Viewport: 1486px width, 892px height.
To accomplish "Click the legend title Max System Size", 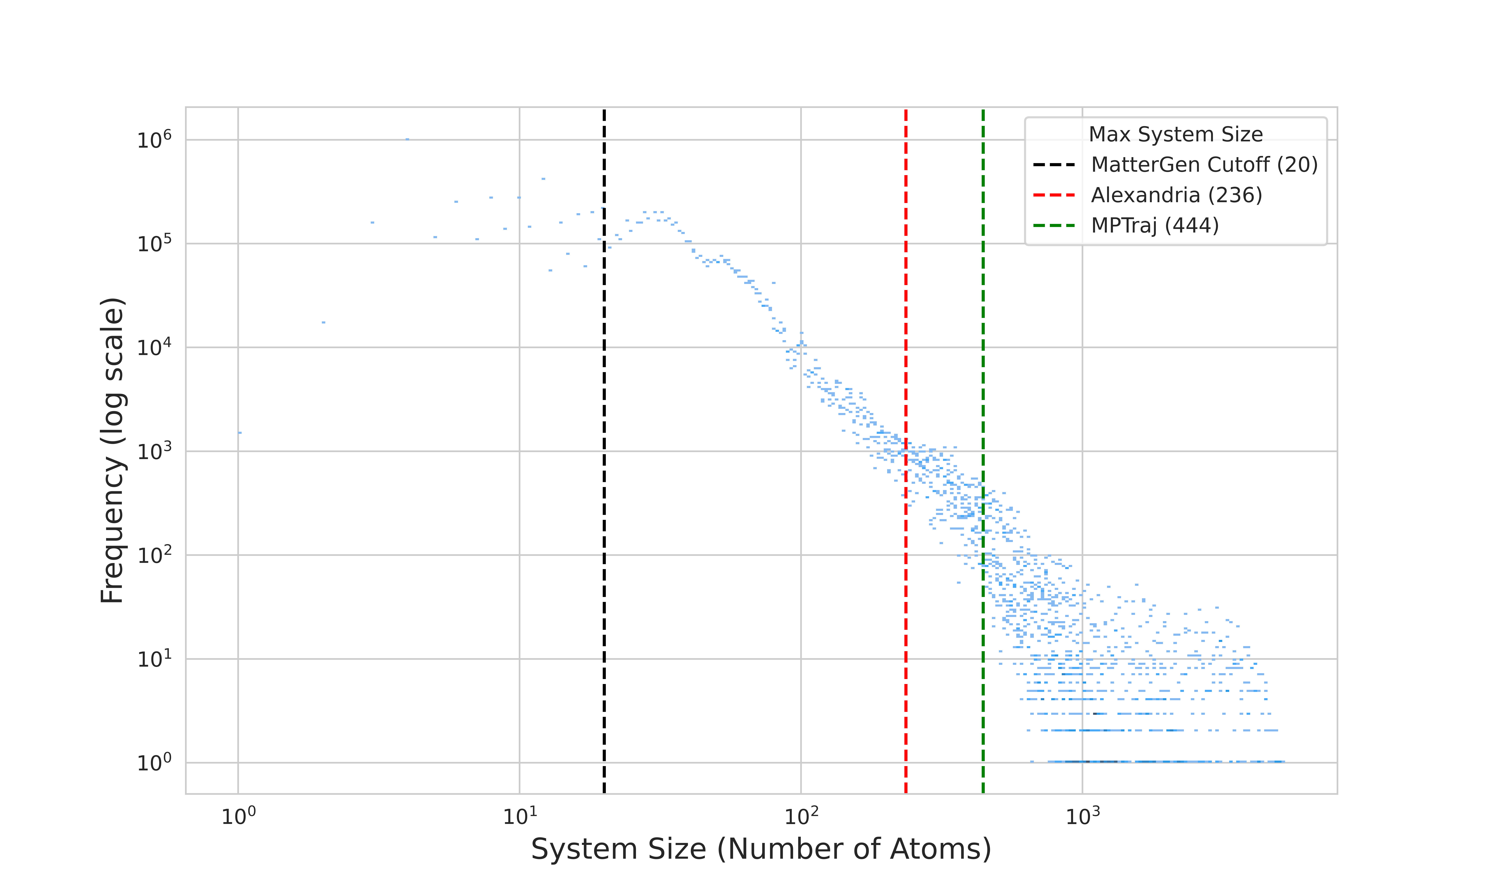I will [1175, 135].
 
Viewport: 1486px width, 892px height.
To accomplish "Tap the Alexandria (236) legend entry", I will [1176, 195].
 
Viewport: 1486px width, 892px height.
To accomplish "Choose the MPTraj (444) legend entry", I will [1154, 226].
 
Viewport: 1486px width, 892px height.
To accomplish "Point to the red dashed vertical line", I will [906, 301].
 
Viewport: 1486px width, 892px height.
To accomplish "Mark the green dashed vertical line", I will [983, 361].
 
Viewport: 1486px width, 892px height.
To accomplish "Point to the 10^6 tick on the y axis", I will [154, 140].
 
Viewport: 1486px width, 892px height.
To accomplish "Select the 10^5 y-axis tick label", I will [154, 243].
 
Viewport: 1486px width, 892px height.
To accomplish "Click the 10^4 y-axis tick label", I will [154, 347].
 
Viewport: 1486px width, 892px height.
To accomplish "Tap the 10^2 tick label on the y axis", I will [154, 555].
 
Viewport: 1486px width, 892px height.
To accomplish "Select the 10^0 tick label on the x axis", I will [239, 816].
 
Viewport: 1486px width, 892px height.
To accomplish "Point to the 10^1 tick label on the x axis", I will [520, 816].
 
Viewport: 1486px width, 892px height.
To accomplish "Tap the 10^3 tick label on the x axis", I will [1082, 816].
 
